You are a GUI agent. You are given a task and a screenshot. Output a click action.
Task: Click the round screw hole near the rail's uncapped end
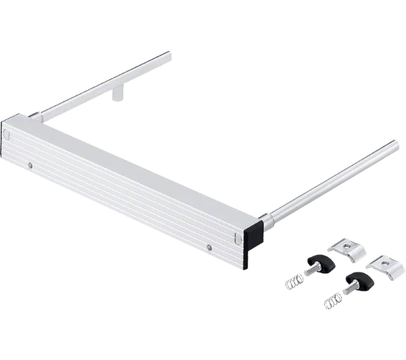31,164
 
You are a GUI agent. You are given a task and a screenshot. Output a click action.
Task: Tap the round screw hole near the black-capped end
209,247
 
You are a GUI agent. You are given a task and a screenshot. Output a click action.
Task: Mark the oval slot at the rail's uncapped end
7,135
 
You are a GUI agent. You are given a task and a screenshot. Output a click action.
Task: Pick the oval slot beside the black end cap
236,238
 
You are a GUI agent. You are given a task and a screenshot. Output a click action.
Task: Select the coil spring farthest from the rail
332,300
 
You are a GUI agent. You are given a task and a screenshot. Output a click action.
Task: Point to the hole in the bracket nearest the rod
345,246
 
